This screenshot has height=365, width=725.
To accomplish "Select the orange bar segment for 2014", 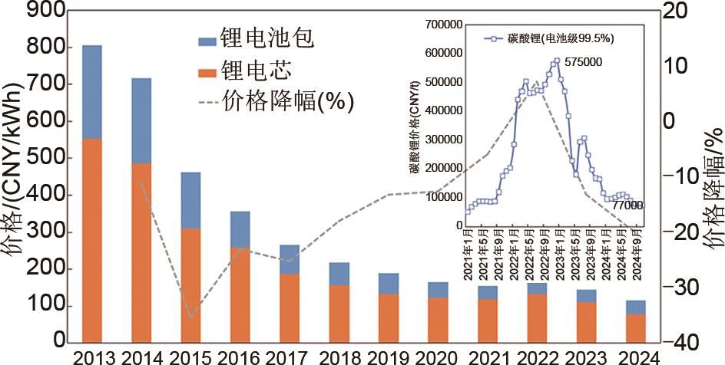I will tap(141, 252).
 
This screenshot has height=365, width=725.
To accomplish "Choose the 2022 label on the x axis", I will tap(537, 357).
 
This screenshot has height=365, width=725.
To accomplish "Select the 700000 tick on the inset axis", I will tap(442, 25).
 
